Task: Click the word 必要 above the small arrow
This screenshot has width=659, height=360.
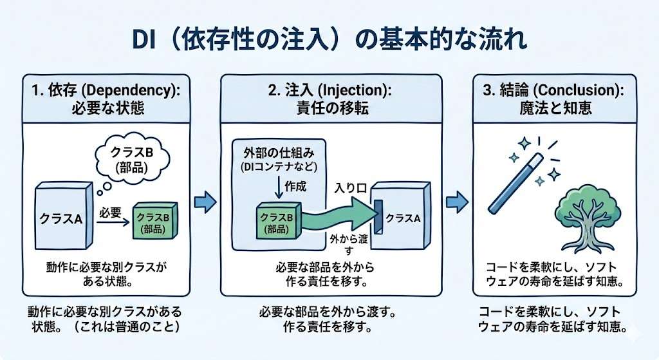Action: pyautogui.click(x=111, y=211)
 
